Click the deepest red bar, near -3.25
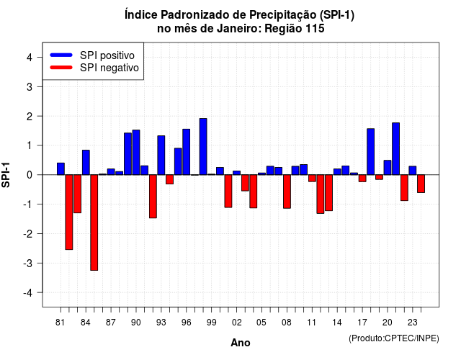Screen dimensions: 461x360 94,222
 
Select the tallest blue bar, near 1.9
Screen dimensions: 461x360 203,147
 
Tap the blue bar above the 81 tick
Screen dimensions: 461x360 61,168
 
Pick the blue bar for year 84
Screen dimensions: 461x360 86,163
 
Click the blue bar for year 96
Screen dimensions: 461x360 187,152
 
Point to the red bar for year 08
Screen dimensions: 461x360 287,192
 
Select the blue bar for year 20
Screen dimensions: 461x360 388,168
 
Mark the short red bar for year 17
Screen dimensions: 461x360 362,179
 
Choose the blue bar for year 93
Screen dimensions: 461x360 161,156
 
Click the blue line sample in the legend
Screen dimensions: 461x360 61,55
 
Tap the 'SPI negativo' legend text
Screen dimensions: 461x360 109,68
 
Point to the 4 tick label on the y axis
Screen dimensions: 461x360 30,58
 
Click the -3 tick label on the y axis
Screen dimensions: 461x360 27,264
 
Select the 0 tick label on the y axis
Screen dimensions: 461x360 30,175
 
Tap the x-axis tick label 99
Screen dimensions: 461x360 211,323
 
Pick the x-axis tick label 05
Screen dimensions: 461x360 261,323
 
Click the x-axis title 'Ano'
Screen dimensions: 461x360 241,343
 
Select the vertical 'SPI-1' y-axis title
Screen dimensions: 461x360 6,175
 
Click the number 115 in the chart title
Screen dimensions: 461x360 315,29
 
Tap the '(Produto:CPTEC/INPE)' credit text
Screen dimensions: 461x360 394,338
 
